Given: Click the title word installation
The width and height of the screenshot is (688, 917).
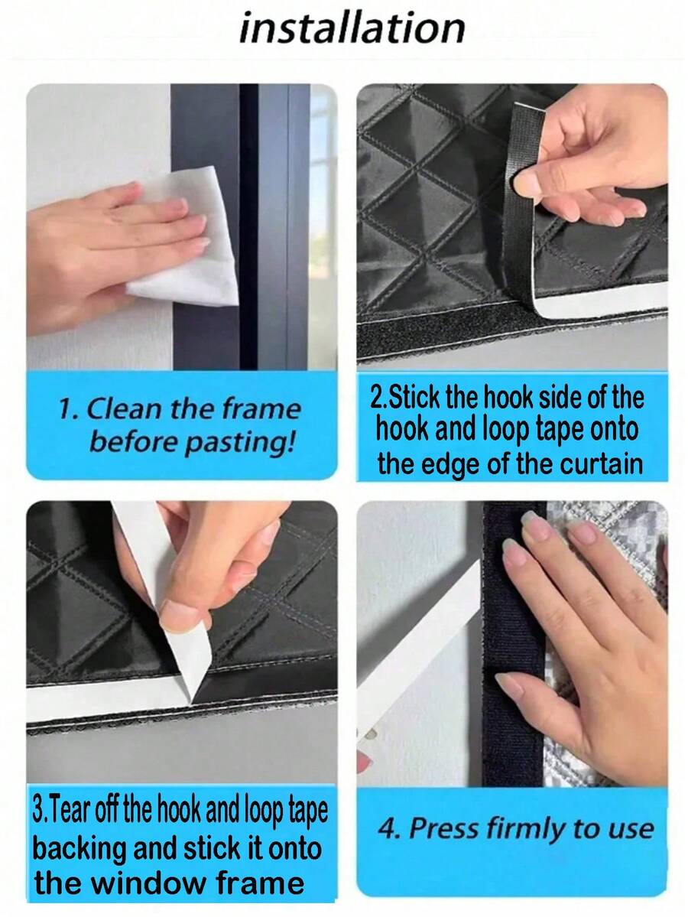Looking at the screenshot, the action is pos(352,28).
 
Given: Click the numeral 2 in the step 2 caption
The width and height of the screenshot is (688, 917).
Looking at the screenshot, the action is pos(376,398).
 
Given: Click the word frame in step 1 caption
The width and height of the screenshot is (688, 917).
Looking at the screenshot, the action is pos(261,409).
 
